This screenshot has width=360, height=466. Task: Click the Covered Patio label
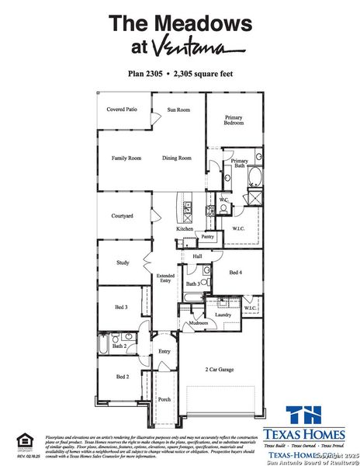pyautogui.click(x=123, y=110)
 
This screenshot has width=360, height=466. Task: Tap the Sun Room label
pyautogui.click(x=178, y=110)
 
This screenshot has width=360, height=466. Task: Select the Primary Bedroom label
pyautogui.click(x=234, y=120)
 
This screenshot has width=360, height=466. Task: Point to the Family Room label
pyautogui.click(x=126, y=158)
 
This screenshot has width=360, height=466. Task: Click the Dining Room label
pyautogui.click(x=176, y=158)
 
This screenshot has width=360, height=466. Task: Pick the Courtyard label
pyautogui.click(x=122, y=215)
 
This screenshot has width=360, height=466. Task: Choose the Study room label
pyautogui.click(x=122, y=263)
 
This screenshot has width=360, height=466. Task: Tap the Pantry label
pyautogui.click(x=207, y=236)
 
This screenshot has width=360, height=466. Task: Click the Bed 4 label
pyautogui.click(x=236, y=273)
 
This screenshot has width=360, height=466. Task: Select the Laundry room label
pyautogui.click(x=223, y=315)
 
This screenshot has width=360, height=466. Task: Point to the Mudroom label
pyautogui.click(x=198, y=322)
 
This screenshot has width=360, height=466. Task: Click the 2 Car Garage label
pyautogui.click(x=220, y=370)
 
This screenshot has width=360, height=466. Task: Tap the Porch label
pyautogui.click(x=164, y=400)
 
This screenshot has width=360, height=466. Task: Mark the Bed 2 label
pyautogui.click(x=122, y=377)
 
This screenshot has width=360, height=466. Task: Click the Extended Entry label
pyautogui.click(x=165, y=279)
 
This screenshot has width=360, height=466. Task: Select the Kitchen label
pyautogui.click(x=184, y=229)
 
